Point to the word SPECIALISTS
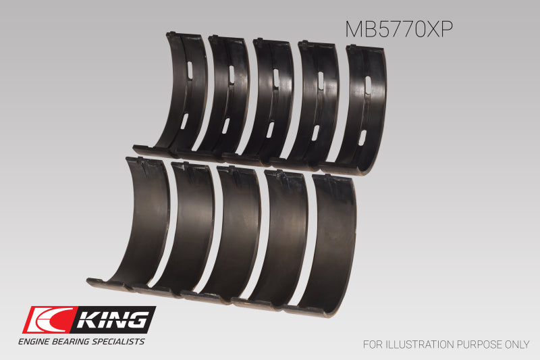[119, 342]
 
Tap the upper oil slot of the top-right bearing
[368, 82]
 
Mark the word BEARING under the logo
[76, 342]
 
